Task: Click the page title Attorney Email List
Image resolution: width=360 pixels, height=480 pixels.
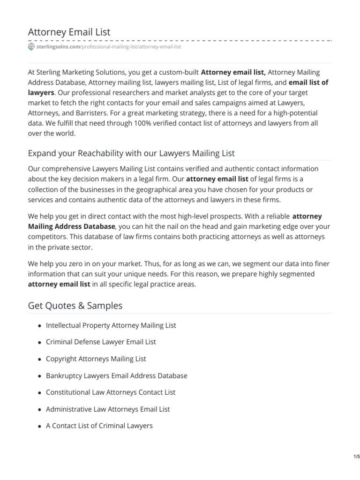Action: pos(69,32)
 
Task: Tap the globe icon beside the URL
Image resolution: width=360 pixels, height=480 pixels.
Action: pos(31,47)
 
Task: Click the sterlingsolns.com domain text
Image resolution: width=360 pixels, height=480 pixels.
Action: pos(58,47)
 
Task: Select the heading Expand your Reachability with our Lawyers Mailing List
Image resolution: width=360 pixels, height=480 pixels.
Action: pos(131,153)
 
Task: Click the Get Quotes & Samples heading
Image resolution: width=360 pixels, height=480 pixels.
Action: pos(75,306)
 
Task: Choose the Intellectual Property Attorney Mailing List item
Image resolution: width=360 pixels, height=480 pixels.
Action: pos(111,325)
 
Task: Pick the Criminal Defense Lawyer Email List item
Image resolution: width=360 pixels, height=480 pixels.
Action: pos(101,342)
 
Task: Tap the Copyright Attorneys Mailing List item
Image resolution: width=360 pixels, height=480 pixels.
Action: pos(96,359)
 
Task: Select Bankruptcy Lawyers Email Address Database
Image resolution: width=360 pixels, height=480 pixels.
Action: pos(116,375)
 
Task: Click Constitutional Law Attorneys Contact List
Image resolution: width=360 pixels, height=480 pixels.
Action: pos(110,392)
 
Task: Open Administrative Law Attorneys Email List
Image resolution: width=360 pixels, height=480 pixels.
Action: pos(108,409)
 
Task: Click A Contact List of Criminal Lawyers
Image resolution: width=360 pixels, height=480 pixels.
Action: pos(99,426)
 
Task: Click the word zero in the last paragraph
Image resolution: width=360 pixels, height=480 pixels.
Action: pos(78,263)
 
